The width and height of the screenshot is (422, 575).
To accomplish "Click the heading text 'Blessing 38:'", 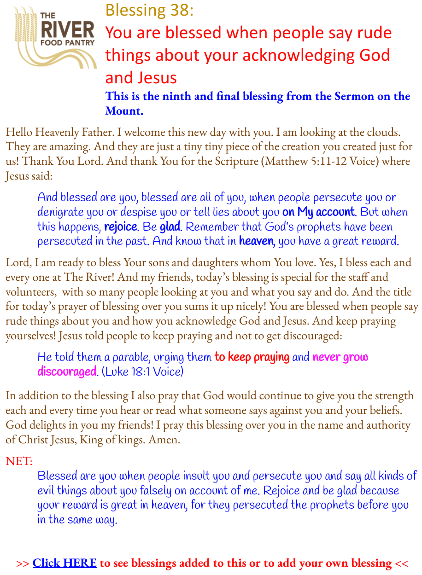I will click(149, 10).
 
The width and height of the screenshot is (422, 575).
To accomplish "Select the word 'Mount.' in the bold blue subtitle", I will click(124, 111).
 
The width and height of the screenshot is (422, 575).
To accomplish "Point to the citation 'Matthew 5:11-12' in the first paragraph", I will click(302, 162).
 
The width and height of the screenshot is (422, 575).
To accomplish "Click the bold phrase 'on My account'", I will click(319, 212).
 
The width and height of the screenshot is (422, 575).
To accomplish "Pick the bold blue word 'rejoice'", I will click(121, 227).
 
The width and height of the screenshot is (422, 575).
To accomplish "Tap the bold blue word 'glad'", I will click(170, 227).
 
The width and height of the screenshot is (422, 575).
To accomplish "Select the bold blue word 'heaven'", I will click(256, 241).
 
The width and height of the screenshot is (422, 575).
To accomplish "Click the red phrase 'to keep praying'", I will click(252, 357).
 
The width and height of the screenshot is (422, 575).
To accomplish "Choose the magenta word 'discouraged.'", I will click(68, 372).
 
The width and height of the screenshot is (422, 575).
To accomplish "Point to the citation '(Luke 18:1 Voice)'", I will click(142, 372).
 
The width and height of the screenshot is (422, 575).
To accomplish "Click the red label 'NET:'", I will click(18, 461).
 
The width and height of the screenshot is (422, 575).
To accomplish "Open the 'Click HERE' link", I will click(64, 563).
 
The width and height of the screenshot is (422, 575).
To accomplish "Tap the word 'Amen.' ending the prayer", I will click(164, 440).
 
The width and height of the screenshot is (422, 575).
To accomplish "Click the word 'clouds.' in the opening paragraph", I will click(383, 133).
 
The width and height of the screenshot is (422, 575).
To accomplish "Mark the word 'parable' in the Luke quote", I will click(133, 357).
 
